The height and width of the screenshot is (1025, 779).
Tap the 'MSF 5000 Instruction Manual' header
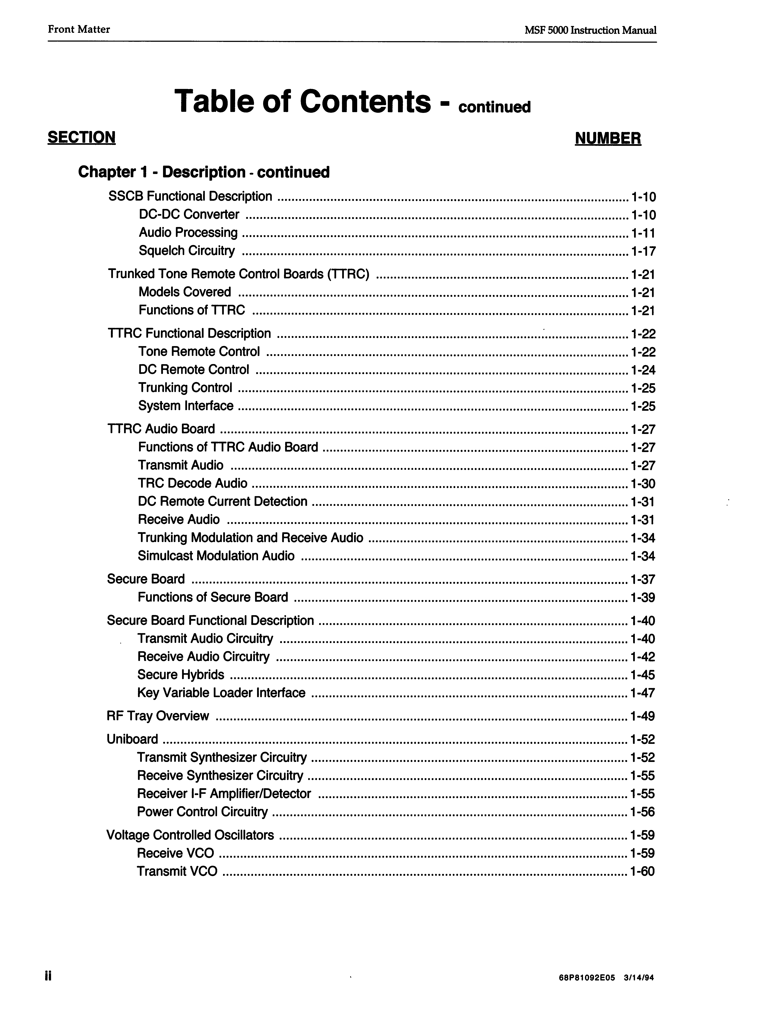click(x=590, y=31)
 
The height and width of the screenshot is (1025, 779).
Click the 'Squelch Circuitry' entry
click(x=186, y=251)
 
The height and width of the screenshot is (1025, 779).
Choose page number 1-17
click(x=643, y=252)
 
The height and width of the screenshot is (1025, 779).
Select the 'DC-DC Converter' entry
click(x=189, y=215)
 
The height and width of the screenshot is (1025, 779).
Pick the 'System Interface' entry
click(x=185, y=406)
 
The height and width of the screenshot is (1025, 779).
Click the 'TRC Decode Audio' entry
click(x=192, y=484)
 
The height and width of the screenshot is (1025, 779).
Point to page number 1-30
click(x=643, y=485)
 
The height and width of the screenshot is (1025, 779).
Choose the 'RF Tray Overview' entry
click(x=158, y=716)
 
